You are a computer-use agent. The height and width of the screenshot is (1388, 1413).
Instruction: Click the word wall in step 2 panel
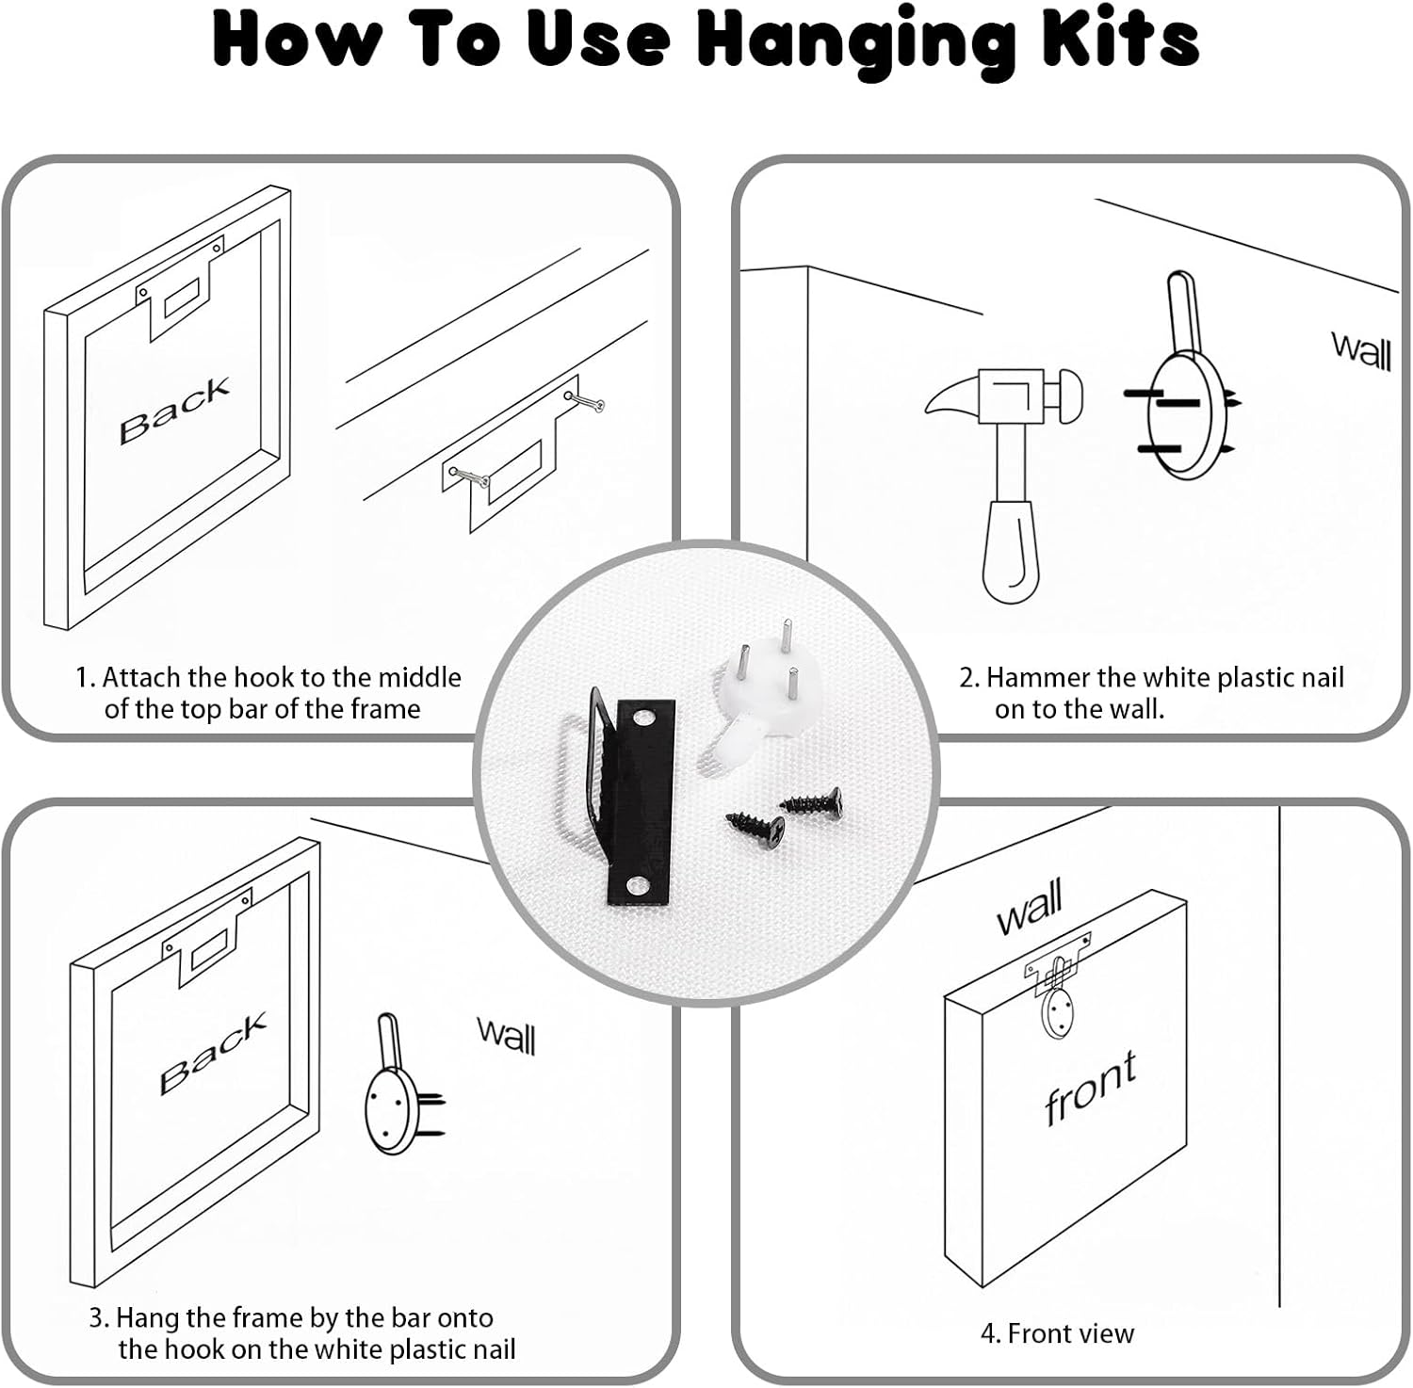point(1361,351)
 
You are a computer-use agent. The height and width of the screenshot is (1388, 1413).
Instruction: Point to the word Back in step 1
point(175,410)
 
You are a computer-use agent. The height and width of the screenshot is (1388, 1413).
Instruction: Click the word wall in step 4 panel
point(1030,905)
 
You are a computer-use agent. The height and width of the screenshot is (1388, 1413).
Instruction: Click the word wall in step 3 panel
point(507,1036)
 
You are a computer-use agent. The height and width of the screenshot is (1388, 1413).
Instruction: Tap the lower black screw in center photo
point(755,828)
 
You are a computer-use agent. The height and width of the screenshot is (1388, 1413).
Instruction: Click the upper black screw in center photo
point(812,801)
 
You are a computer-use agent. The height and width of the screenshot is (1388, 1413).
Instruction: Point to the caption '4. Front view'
point(1057,1333)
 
